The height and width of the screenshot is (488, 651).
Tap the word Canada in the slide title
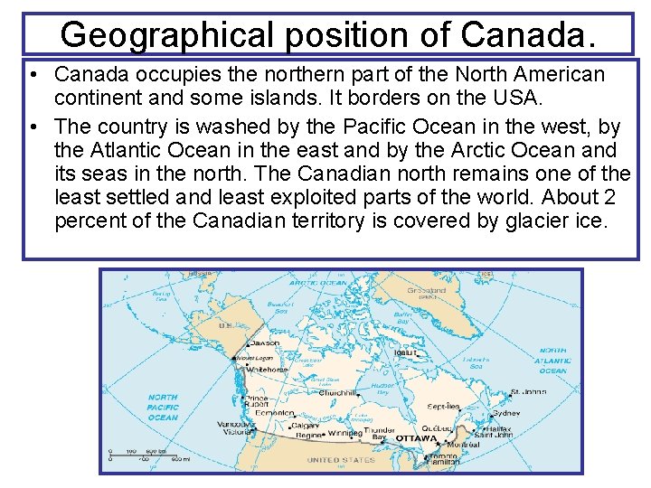[528, 34]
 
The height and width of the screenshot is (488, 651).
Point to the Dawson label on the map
[264, 343]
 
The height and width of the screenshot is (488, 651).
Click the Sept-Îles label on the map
[444, 407]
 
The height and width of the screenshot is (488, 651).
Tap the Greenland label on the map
[427, 291]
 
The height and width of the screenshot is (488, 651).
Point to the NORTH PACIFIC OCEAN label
[163, 407]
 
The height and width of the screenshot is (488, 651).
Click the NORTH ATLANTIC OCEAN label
[552, 360]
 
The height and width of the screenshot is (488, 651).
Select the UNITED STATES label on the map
[341, 460]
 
